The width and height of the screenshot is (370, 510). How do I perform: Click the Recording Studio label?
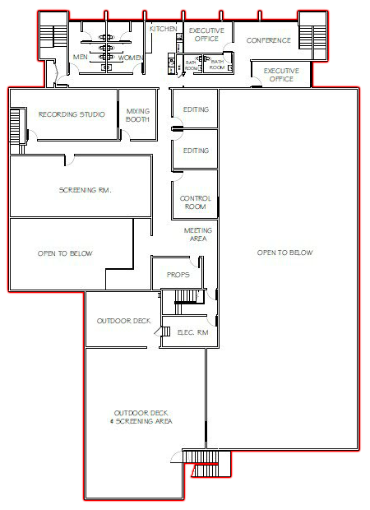[72, 114]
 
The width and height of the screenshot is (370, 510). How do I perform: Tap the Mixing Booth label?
[137, 115]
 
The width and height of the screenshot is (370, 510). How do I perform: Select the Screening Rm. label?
[86, 190]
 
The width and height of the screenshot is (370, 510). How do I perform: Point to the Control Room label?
[196, 202]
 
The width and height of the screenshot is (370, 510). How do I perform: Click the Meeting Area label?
[198, 234]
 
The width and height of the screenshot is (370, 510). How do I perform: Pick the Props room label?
[178, 275]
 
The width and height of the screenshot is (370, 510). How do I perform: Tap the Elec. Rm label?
[192, 332]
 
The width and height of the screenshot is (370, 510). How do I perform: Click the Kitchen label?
[163, 29]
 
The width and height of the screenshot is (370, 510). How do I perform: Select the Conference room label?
[269, 40]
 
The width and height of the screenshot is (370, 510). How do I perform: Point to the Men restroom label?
[81, 57]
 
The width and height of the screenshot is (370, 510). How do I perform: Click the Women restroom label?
[131, 58]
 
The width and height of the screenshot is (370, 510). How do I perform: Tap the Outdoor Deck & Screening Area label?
[141, 417]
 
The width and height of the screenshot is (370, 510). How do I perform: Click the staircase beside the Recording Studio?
[16, 127]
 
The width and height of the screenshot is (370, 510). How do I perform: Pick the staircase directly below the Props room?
[186, 297]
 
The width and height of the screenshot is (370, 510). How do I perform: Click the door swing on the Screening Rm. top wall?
[70, 160]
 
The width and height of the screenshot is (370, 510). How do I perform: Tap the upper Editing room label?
[196, 109]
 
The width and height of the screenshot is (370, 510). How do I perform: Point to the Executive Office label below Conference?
[281, 75]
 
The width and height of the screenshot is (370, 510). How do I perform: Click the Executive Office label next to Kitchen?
[206, 35]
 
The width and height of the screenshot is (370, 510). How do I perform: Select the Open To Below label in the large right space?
[284, 253]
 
